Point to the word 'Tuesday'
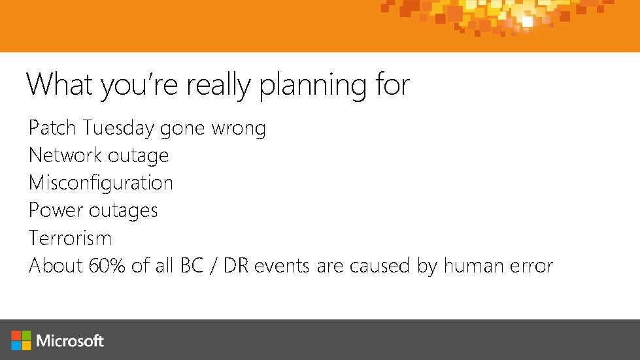(x=119, y=128)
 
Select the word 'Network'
(x=63, y=155)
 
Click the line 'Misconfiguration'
(x=101, y=183)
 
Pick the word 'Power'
(x=56, y=210)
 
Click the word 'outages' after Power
(x=124, y=211)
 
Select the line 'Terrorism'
(x=70, y=238)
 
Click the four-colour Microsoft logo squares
(x=22, y=340)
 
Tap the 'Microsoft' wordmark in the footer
(x=70, y=340)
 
